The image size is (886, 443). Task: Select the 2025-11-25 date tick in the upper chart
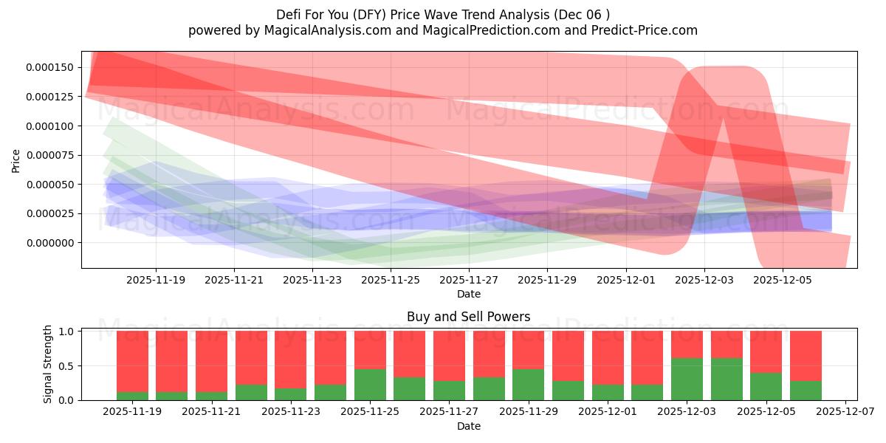click(391, 281)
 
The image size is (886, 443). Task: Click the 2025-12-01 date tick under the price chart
click(626, 281)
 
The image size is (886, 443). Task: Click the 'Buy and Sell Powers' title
click(468, 317)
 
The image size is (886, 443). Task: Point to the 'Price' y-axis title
click(16, 159)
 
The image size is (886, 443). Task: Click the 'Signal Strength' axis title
click(48, 364)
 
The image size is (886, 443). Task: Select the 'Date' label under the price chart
click(468, 294)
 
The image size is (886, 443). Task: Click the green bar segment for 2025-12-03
click(687, 379)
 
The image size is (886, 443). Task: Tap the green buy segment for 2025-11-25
click(370, 385)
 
